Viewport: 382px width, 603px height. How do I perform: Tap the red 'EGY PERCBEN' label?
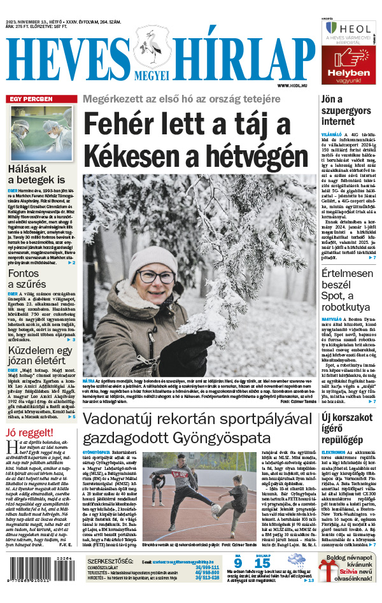tap(30, 99)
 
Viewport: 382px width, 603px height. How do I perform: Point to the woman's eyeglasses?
tap(155, 276)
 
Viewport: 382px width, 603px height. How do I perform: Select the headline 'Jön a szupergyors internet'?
tap(341, 110)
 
